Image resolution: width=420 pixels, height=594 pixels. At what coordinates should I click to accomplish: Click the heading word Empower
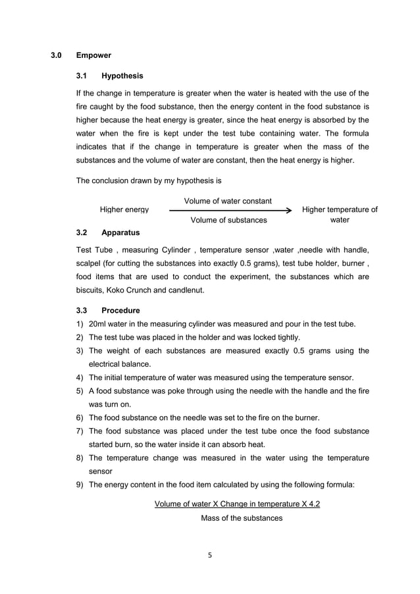tap(94, 55)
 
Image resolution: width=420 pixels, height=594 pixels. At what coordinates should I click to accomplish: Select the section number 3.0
tap(57, 55)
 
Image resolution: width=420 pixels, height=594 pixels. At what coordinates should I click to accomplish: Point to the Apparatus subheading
tap(120, 232)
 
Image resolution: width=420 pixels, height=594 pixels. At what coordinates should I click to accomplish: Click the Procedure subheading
tap(120, 310)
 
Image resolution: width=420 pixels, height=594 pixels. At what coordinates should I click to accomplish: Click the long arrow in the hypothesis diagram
tap(230, 210)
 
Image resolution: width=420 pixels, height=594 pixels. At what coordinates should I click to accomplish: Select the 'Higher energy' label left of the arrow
tap(124, 210)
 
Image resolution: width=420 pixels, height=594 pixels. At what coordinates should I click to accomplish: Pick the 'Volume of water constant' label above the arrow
tap(228, 200)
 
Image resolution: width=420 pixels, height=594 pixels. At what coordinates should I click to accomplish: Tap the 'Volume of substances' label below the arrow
tap(228, 220)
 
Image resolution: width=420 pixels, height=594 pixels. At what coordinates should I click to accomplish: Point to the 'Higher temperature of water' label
tap(339, 215)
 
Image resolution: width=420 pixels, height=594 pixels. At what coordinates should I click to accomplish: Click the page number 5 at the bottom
tap(210, 554)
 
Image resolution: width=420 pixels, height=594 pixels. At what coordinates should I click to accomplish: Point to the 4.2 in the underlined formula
tap(313, 504)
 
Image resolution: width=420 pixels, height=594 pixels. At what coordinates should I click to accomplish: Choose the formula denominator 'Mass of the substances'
tap(242, 518)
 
